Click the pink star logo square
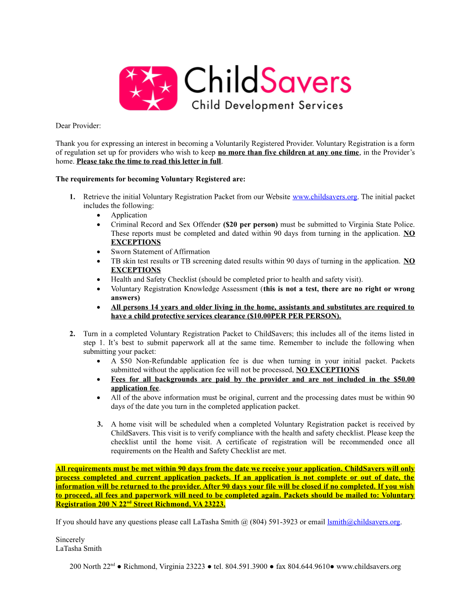pyautogui.click(x=148, y=88)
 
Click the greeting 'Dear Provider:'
pyautogui.click(x=78, y=125)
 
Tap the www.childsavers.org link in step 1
pyautogui.click(x=324, y=197)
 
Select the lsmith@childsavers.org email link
pyautogui.click(x=363, y=522)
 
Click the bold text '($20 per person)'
pyautogui.click(x=250, y=224)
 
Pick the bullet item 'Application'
pyautogui.click(x=129, y=215)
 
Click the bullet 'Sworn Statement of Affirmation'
pyautogui.click(x=160, y=251)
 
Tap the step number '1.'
pyautogui.click(x=72, y=197)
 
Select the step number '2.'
pyautogui.click(x=72, y=334)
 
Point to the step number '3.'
pyautogui.click(x=100, y=424)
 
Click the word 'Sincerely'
pyautogui.click(x=70, y=539)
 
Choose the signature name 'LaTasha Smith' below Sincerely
pyautogui.click(x=79, y=548)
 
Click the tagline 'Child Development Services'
pyautogui.click(x=267, y=105)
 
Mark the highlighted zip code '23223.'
pyautogui.click(x=215, y=504)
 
